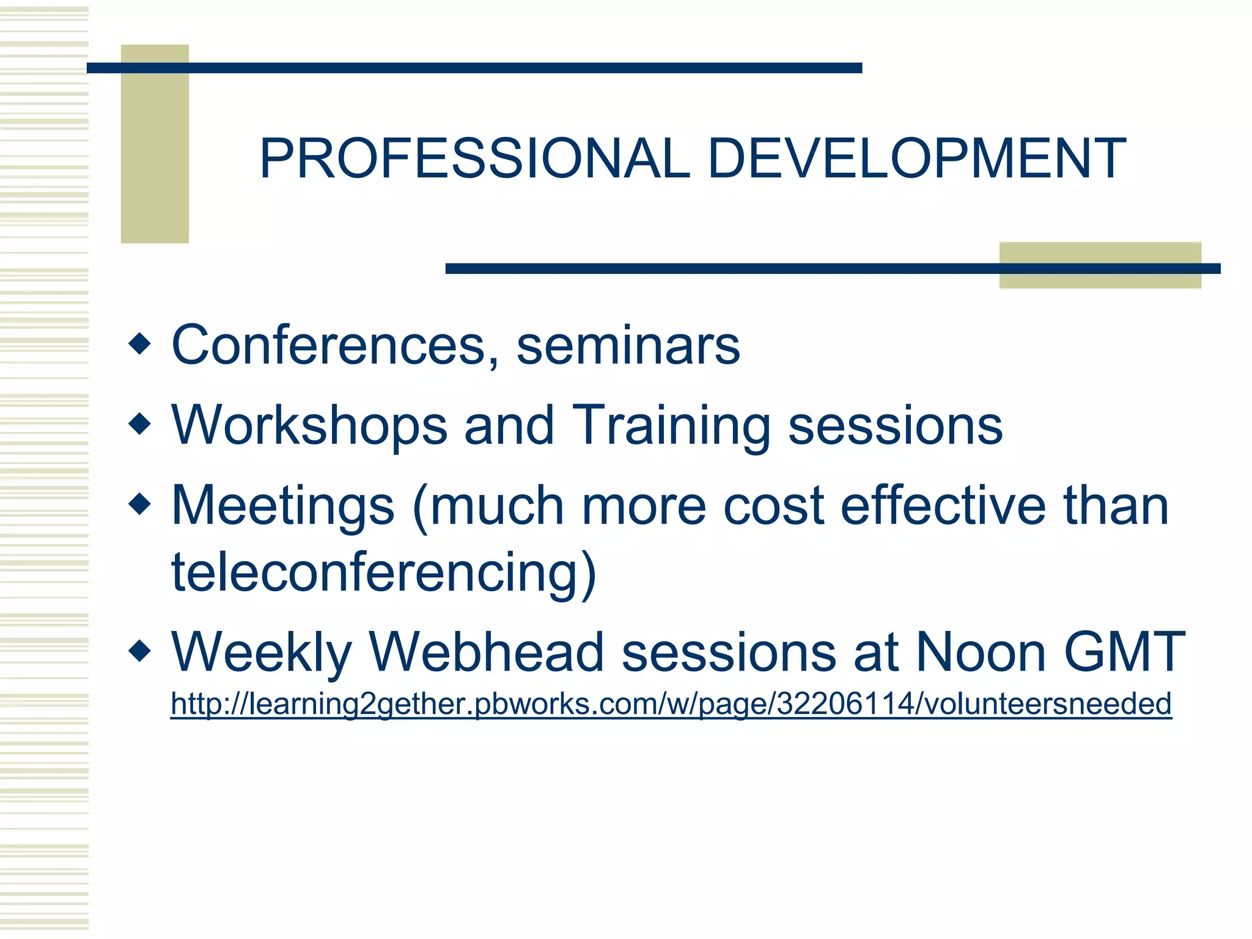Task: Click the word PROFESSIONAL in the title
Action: (x=474, y=159)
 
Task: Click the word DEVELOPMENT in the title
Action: (x=916, y=159)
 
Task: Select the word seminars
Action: (x=628, y=346)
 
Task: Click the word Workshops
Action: (x=309, y=425)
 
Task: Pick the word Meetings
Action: (x=283, y=506)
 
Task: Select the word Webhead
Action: (x=487, y=653)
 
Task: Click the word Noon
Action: (x=981, y=653)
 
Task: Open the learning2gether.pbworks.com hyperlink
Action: (x=671, y=704)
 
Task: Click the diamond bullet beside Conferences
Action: (x=140, y=344)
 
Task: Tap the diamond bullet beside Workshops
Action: (x=140, y=424)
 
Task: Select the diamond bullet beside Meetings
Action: (x=140, y=504)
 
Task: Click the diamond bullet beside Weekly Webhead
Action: (x=140, y=650)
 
